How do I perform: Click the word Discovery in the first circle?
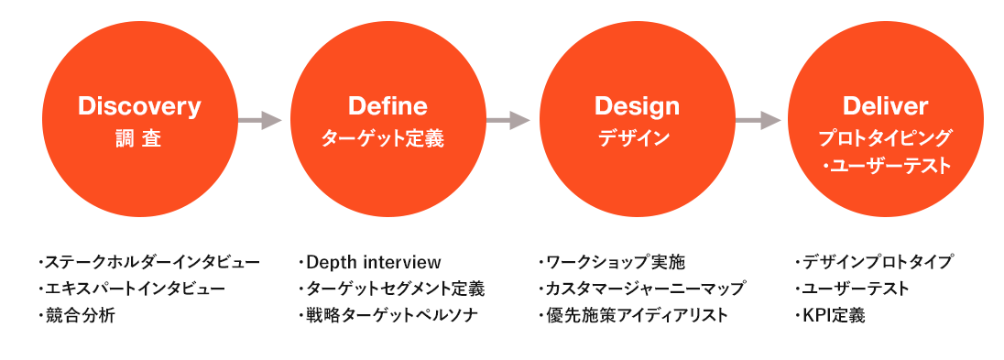pyautogui.click(x=139, y=106)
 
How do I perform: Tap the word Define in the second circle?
pyautogui.click(x=388, y=106)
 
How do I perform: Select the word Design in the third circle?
pyautogui.click(x=637, y=106)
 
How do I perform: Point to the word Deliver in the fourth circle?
pyautogui.click(x=886, y=106)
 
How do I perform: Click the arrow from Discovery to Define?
pyautogui.click(x=260, y=120)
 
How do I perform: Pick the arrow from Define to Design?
pyautogui.click(x=508, y=120)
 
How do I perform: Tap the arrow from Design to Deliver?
pyautogui.click(x=758, y=120)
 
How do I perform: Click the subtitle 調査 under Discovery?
pyautogui.click(x=139, y=138)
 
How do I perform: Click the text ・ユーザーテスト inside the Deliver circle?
pyautogui.click(x=887, y=166)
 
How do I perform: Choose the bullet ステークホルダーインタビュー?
pyautogui.click(x=148, y=262)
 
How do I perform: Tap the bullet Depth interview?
pyautogui.click(x=369, y=262)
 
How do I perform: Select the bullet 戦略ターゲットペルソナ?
pyautogui.click(x=388, y=315)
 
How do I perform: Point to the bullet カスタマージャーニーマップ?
pyautogui.click(x=641, y=289)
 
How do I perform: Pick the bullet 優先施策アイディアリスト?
pyautogui.click(x=633, y=315)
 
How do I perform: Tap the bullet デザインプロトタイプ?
pyautogui.click(x=873, y=262)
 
